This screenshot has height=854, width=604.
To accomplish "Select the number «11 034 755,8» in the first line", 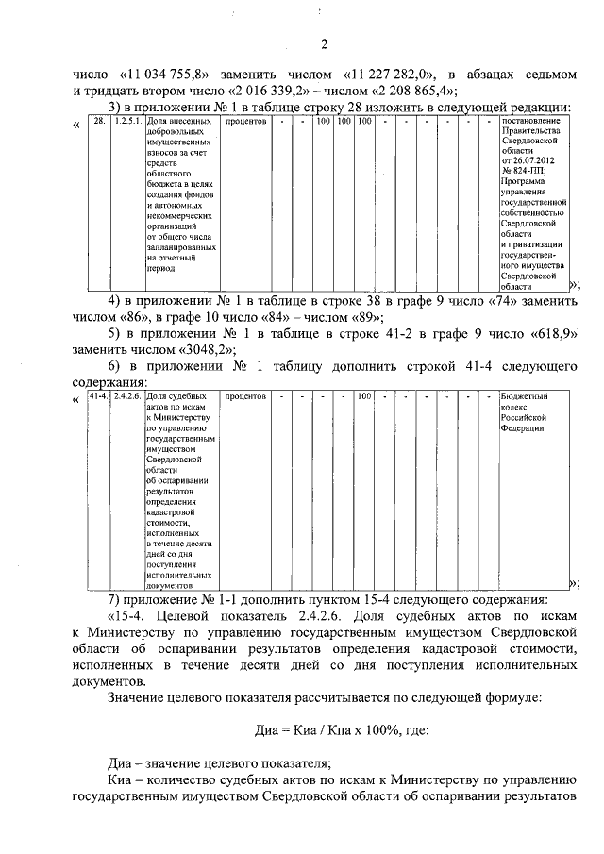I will pos(175,73).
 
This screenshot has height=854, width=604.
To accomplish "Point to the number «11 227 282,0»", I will pos(389,73).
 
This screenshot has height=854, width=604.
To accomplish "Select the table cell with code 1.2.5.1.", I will pos(127,122).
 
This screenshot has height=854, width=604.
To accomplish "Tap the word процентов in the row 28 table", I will pos(247,122).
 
